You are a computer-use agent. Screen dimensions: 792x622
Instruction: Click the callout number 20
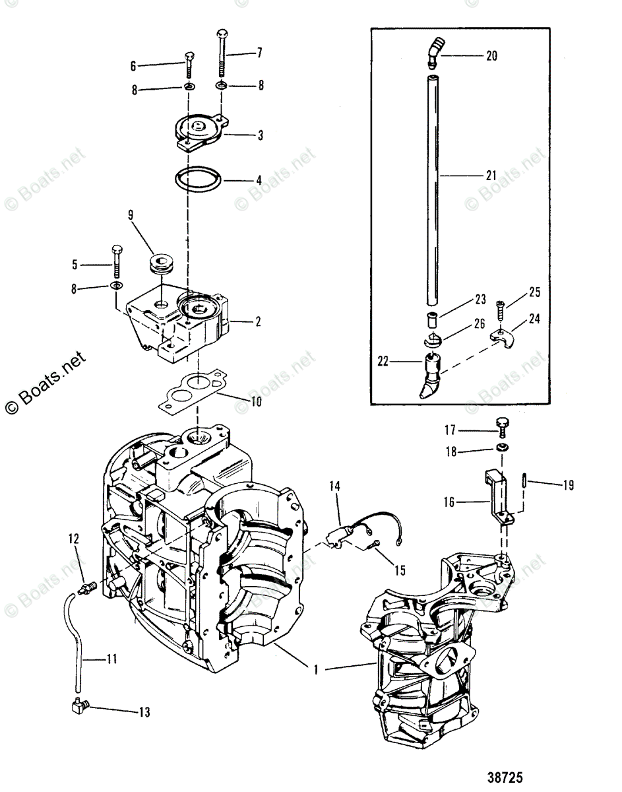pyautogui.click(x=491, y=56)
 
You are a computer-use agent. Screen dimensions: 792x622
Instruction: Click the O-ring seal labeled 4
pyautogui.click(x=198, y=179)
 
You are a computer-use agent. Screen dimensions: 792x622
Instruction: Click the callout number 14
pyautogui.click(x=335, y=486)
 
